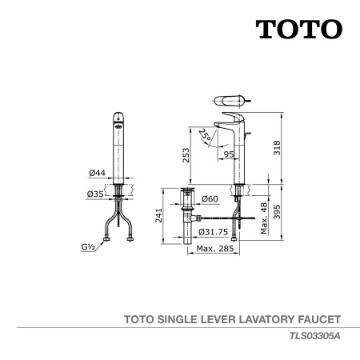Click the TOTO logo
pyautogui.click(x=299, y=29)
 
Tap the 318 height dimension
pyautogui.click(x=277, y=148)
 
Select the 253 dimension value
pyautogui.click(x=186, y=155)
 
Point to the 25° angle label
pyautogui.click(x=204, y=135)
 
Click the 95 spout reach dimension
pyautogui.click(x=229, y=154)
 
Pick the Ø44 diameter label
pyautogui.click(x=97, y=173)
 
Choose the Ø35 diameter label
pyautogui.click(x=95, y=194)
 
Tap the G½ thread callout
pyautogui.click(x=88, y=247)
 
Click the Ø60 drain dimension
pyautogui.click(x=210, y=199)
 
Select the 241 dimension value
pyautogui.click(x=159, y=215)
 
